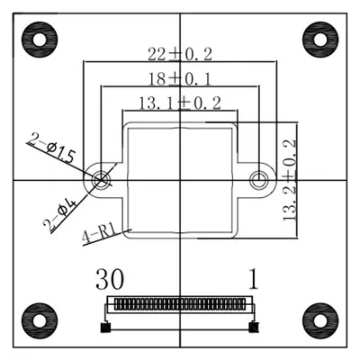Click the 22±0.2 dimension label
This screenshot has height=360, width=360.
(x=179, y=55)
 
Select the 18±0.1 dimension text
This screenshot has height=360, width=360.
(x=179, y=79)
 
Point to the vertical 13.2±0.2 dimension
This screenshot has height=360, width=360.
(x=290, y=181)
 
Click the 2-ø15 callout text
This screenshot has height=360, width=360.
(x=52, y=149)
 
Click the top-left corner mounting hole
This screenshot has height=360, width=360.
(x=38, y=40)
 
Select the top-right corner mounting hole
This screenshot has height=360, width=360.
(x=320, y=40)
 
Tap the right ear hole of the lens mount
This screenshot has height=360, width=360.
(x=259, y=178)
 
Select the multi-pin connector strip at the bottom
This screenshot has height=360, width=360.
(x=180, y=305)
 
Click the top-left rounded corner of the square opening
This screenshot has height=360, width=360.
(x=129, y=127)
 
